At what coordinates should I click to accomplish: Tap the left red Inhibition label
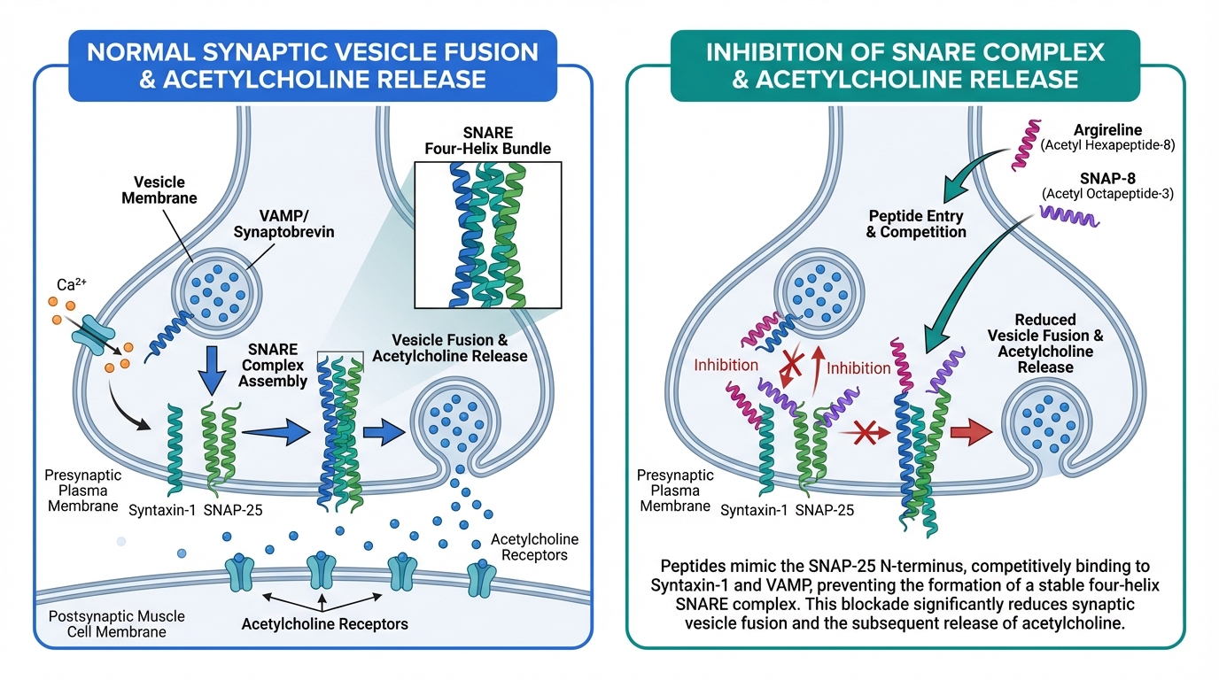tap(727, 365)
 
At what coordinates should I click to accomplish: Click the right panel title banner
tap(905, 65)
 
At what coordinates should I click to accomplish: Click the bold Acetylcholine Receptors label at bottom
tap(324, 623)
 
